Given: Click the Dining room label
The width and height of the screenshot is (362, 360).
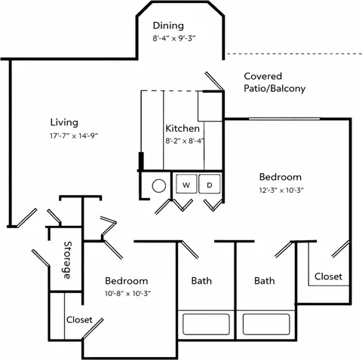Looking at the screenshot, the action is point(168,26).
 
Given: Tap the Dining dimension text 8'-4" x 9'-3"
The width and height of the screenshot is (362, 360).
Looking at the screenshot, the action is point(174,38).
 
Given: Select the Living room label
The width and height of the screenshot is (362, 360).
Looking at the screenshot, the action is point(64,123).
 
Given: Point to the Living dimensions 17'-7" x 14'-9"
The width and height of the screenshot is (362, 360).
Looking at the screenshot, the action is point(74,136).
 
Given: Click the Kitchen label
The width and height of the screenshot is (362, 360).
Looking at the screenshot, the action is point(183,129).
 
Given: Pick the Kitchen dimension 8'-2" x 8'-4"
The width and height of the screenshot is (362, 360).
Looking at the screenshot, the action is point(185,141).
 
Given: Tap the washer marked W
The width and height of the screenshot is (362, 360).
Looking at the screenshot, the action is point(186,184).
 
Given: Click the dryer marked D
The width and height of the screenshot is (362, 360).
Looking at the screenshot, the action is point(210,184).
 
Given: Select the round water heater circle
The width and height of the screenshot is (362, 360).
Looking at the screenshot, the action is point(159,186).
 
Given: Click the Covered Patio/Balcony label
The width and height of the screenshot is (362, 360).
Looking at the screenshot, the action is point(275,82).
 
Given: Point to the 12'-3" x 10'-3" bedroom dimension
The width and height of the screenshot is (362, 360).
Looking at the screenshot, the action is point(281,191).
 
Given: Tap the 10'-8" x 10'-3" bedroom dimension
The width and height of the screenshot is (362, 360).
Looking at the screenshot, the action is point(127,294).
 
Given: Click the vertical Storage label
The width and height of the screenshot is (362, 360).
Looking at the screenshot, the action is point(67,260).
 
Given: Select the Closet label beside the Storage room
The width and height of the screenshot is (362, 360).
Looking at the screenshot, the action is point(79,320).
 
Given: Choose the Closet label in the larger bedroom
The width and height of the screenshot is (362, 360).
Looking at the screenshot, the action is point(328,276).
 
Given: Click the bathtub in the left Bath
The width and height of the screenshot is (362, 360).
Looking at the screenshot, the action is point(206,324).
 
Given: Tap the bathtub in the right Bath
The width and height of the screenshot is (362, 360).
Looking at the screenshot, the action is point(266,324).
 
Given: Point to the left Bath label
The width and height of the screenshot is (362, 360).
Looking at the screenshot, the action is point(201,281).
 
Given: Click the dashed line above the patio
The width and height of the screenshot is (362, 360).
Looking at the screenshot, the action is point(294,53).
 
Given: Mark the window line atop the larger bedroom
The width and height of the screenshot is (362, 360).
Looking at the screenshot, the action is point(284,118).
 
